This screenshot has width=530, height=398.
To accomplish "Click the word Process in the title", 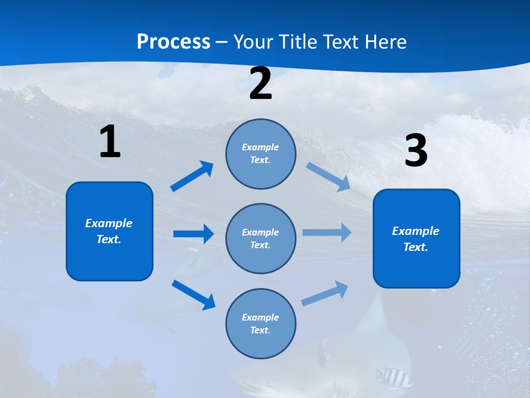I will pyautogui.click(x=173, y=42).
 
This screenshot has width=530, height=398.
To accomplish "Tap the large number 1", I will pyautogui.click(x=110, y=142).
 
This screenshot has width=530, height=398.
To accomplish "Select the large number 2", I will pyautogui.click(x=261, y=84).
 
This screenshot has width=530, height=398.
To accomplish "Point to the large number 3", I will pyautogui.click(x=416, y=151).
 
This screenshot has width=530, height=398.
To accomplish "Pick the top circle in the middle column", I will pyautogui.click(x=261, y=154).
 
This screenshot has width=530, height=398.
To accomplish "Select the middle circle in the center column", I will pyautogui.click(x=261, y=238).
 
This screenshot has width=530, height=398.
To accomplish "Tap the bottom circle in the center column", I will pyautogui.click(x=261, y=323).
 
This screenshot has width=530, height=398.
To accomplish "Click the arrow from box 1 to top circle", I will pyautogui.click(x=192, y=176).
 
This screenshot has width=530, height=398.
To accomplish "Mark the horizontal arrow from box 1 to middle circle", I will pyautogui.click(x=193, y=234).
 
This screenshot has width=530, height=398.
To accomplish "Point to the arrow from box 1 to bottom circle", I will pyautogui.click(x=193, y=295).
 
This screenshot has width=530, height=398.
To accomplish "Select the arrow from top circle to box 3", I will pyautogui.click(x=328, y=177).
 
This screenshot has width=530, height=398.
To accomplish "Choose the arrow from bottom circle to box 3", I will pyautogui.click(x=325, y=294).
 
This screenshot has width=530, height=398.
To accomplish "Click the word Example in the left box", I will pyautogui.click(x=109, y=223).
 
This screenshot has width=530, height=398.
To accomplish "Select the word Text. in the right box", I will pyautogui.click(x=416, y=247).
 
